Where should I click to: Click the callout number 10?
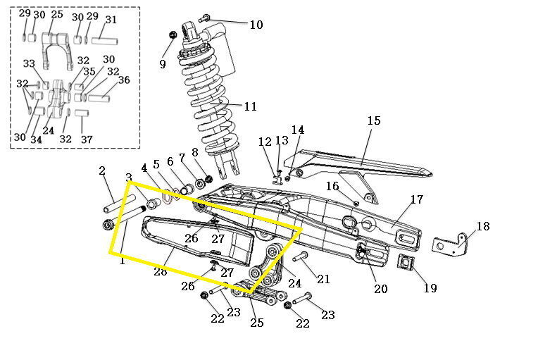tap(256, 25)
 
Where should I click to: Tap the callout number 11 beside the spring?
tap(250, 106)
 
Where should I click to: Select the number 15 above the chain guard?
tap(374, 120)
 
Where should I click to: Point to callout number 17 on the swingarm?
tap(417, 199)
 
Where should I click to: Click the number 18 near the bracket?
tap(483, 226)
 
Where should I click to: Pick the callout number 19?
tap(430, 288)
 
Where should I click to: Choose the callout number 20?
tap(380, 289)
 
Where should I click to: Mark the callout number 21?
tap(323, 279)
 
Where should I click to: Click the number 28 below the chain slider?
tap(161, 272)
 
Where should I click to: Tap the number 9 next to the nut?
tap(163, 64)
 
